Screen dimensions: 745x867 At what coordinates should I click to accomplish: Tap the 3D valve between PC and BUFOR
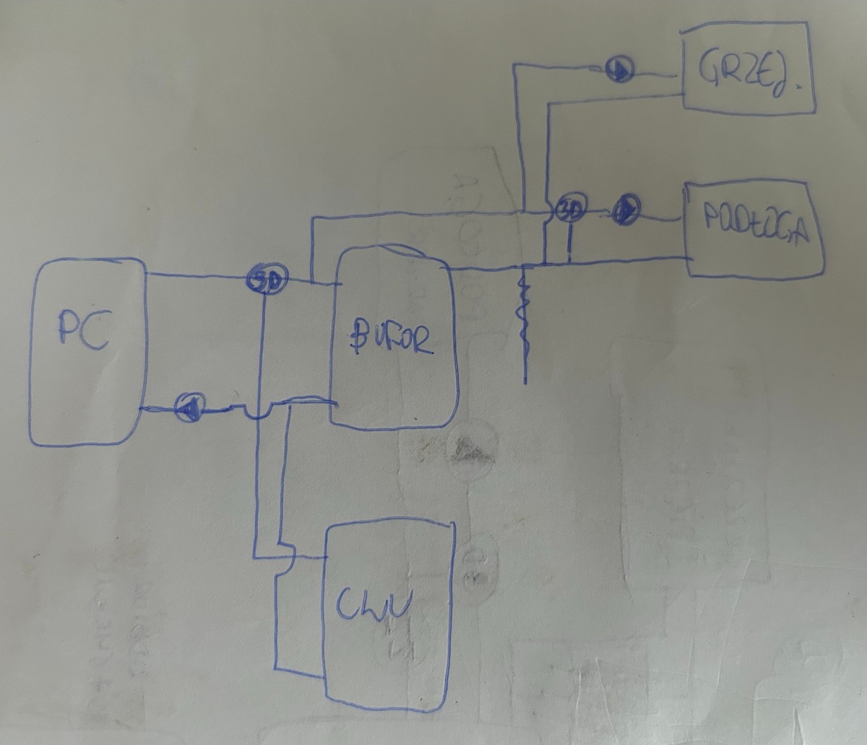tap(267, 277)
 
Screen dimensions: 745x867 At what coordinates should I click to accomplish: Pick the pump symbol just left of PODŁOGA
tap(626, 210)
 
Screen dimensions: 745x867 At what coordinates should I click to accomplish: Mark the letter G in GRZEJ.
tap(710, 71)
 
